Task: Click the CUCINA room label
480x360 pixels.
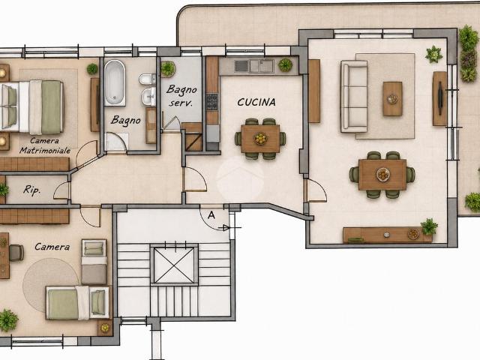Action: [x=256, y=102]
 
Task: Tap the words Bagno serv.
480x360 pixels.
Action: [x=181, y=96]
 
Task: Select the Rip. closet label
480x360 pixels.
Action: [x=31, y=190]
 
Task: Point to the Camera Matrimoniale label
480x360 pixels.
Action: [x=45, y=145]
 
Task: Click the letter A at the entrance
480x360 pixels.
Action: [x=211, y=215]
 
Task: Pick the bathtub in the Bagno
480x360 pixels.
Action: [x=115, y=82]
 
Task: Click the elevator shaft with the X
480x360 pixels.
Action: [x=174, y=265]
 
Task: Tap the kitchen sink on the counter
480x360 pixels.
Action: [x=253, y=66]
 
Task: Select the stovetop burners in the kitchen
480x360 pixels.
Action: [x=212, y=102]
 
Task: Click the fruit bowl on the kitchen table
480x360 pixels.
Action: [x=260, y=139]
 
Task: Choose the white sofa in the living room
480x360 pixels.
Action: [x=354, y=96]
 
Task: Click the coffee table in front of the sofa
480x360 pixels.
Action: [x=392, y=98]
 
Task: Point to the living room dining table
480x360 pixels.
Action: [x=382, y=175]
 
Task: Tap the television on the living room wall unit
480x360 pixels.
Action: [x=440, y=98]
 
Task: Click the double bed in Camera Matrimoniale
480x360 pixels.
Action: [x=31, y=106]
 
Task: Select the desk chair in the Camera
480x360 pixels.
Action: [x=16, y=253]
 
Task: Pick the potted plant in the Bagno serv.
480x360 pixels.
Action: [x=168, y=69]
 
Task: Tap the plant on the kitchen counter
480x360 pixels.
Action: [x=285, y=65]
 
